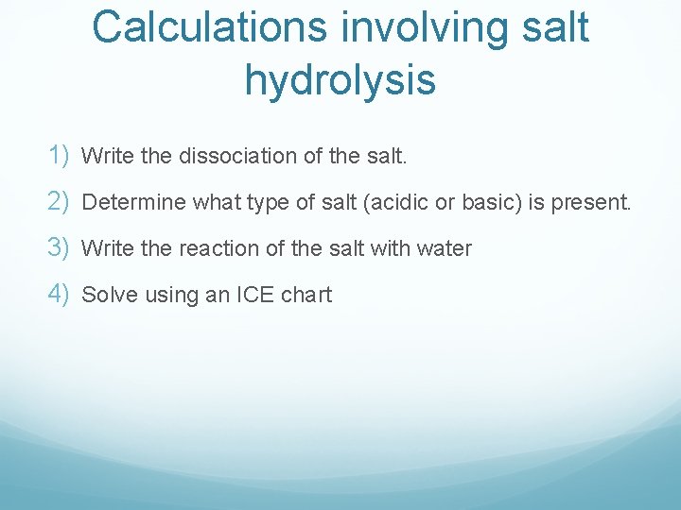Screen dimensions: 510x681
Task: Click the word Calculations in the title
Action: coord(209,27)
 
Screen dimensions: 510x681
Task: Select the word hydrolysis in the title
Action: coord(340,80)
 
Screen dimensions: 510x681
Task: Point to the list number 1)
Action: coord(60,155)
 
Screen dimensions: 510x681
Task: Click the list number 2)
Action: coord(60,201)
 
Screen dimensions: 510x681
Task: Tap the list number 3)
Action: coord(60,247)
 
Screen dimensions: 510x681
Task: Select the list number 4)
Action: coord(60,294)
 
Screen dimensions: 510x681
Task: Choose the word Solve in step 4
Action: coord(107,295)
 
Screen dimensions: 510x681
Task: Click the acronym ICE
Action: coord(254,295)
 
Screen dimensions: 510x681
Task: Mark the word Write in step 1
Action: coord(108,156)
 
